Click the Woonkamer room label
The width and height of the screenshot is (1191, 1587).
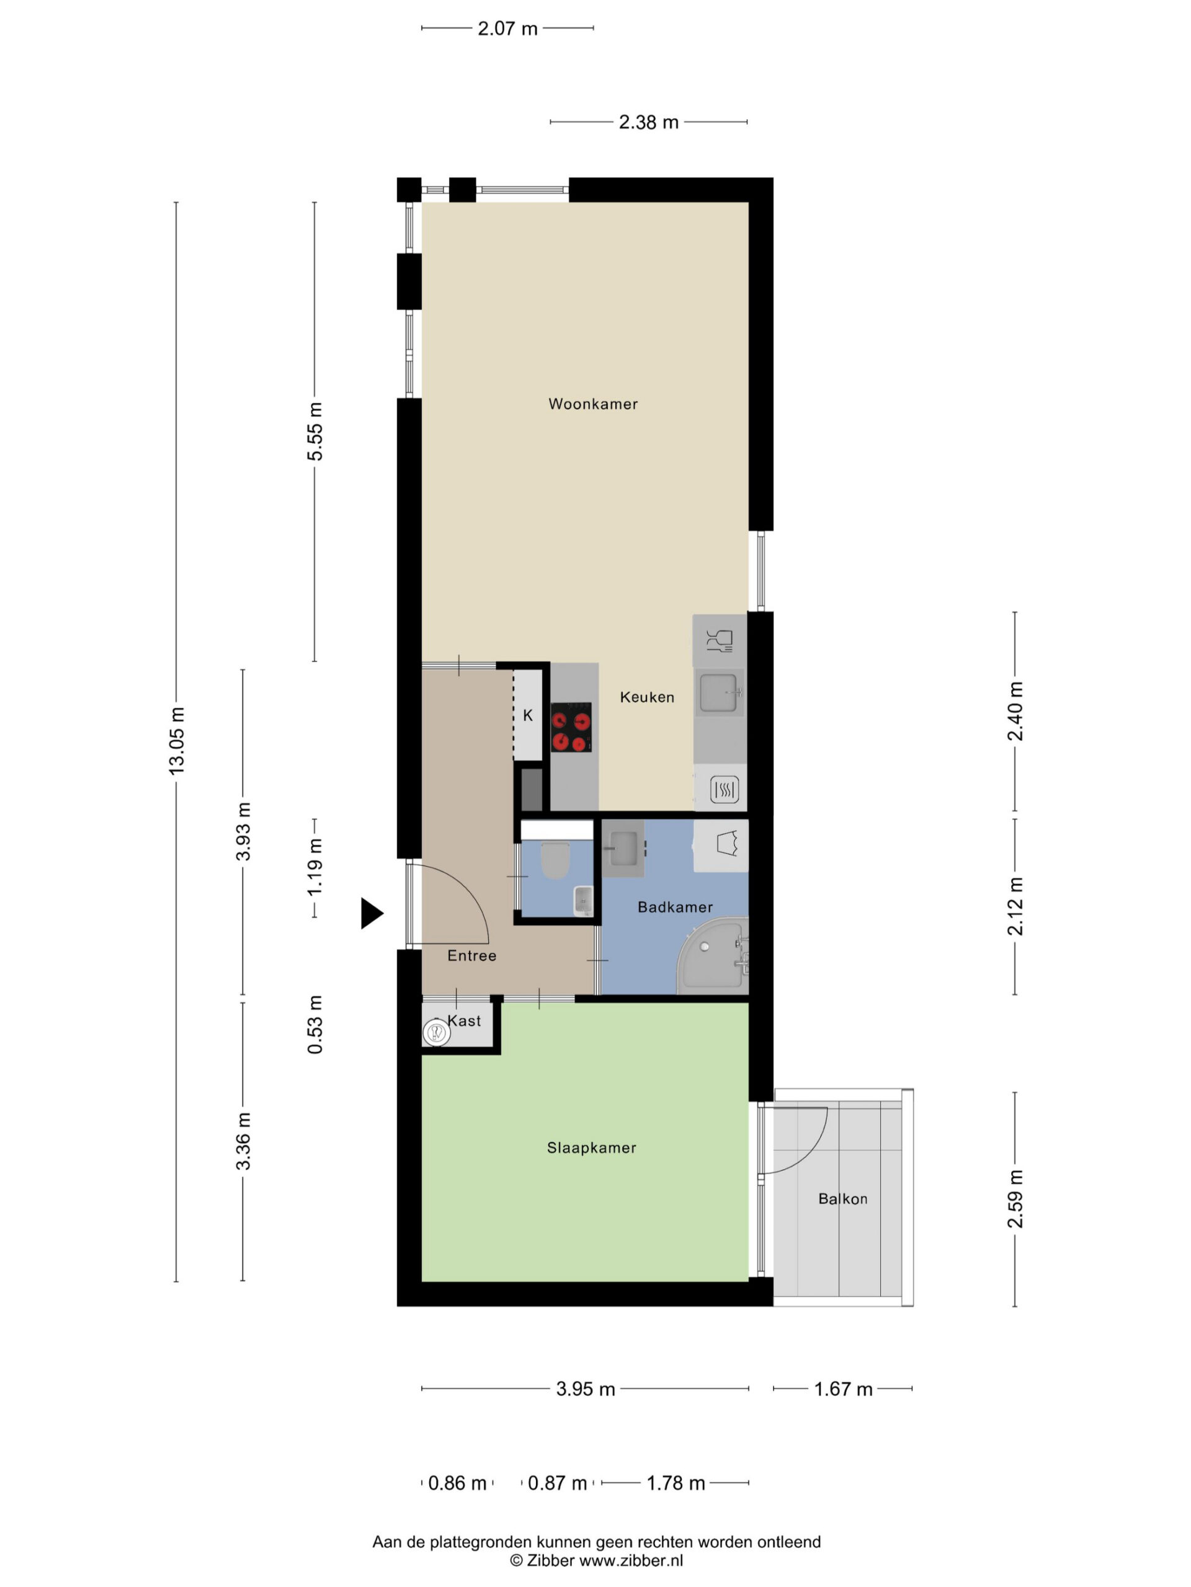pyautogui.click(x=593, y=404)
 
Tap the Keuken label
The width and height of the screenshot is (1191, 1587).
pyautogui.click(x=647, y=697)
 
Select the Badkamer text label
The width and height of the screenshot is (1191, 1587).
pyautogui.click(x=675, y=907)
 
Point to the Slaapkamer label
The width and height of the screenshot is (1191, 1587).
pyautogui.click(x=592, y=1148)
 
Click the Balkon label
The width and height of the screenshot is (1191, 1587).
pyautogui.click(x=843, y=1199)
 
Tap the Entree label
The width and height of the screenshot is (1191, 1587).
pyautogui.click(x=471, y=956)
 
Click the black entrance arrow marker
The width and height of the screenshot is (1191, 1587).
pyautogui.click(x=371, y=913)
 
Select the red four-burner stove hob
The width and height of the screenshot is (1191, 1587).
pyautogui.click(x=571, y=728)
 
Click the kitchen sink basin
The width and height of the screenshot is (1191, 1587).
pyautogui.click(x=718, y=693)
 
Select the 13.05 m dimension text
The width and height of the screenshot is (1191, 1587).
pyautogui.click(x=177, y=740)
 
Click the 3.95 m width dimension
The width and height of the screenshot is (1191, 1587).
pyautogui.click(x=585, y=1389)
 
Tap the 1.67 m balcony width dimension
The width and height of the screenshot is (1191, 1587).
pyautogui.click(x=843, y=1389)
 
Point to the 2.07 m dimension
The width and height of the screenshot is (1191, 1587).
pyautogui.click(x=507, y=29)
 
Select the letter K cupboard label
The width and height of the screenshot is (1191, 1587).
pyautogui.click(x=528, y=715)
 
